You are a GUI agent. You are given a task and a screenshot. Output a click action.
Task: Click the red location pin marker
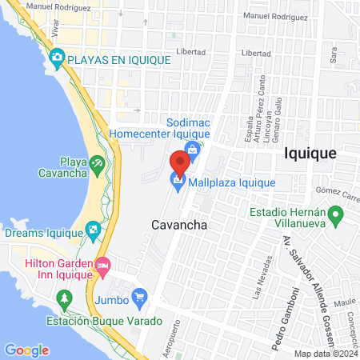pyautogui.click(x=180, y=162)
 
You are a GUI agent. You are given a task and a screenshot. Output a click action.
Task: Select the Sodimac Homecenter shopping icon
pyautogui.click(x=192, y=148)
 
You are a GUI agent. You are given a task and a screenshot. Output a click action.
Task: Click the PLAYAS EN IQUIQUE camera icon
pyautogui.click(x=57, y=57)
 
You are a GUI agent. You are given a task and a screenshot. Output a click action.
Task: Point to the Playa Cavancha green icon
pyautogui.click(x=97, y=164)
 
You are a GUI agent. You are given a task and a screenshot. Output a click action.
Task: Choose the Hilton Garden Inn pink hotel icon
pyautogui.click(x=102, y=265)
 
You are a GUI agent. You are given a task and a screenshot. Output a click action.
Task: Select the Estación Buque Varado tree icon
pyautogui.click(x=64, y=298)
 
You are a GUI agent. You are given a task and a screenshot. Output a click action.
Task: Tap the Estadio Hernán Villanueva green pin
pyautogui.click(x=337, y=214)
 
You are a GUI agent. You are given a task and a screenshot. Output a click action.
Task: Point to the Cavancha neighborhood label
pyautogui.click(x=179, y=225)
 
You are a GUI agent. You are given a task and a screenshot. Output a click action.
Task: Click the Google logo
pyautogui.click(x=26, y=350)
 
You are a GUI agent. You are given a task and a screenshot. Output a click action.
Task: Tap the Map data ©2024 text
pyautogui.click(x=325, y=354)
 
